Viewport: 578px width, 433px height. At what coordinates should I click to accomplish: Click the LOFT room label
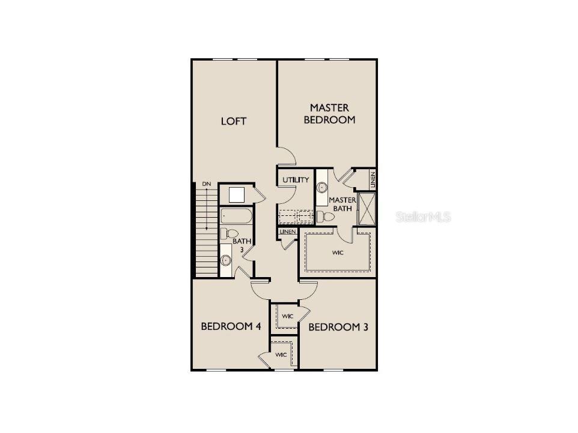point(234,121)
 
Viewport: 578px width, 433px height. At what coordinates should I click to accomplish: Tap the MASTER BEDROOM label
point(329,113)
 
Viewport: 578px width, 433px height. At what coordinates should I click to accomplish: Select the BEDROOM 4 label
point(230,326)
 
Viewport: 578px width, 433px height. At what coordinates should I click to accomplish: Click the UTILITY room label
point(296,179)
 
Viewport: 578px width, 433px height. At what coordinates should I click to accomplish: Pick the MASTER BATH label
point(341,204)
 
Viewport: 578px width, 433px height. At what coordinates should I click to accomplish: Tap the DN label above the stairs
point(206,184)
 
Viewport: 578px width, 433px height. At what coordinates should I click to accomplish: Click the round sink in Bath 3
point(227,260)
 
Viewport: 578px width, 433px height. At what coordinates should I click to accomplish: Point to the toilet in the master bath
point(327,217)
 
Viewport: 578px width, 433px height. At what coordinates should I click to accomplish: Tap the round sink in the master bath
point(322,187)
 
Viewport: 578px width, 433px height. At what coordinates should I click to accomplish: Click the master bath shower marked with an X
point(367,208)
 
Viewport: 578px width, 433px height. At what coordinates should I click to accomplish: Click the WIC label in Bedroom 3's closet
point(287,315)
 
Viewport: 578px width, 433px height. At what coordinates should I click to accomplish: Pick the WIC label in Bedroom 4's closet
point(281,354)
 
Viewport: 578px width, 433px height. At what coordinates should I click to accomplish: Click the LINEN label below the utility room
point(288,231)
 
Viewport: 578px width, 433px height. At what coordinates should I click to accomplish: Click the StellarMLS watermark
point(423,217)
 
